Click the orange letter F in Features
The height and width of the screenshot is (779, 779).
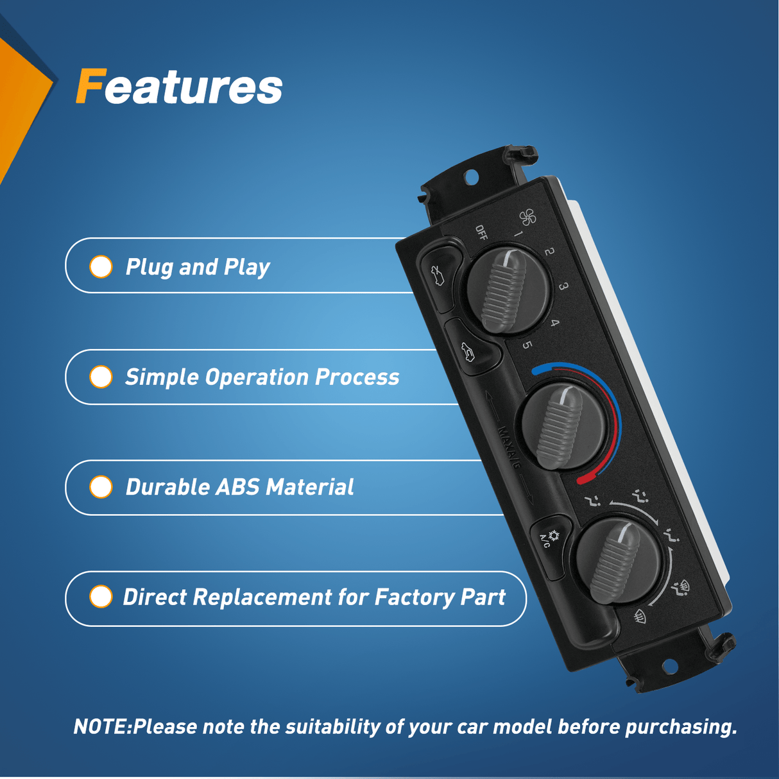tap(90, 86)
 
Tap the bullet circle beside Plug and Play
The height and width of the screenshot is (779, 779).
tap(101, 267)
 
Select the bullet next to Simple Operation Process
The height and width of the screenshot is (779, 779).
tap(101, 377)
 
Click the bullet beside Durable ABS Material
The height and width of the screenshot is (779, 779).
tap(101, 487)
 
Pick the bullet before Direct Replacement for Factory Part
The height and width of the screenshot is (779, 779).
tap(101, 597)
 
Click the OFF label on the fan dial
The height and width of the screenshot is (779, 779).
tap(481, 232)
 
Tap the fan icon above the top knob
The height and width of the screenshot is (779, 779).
tap(527, 218)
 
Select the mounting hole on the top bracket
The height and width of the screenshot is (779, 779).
tap(470, 176)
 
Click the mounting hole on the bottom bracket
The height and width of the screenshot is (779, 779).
tap(669, 665)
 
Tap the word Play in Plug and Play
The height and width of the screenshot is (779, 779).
tap(246, 267)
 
